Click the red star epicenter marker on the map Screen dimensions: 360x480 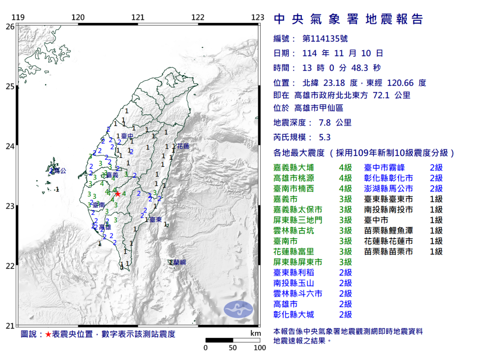(x=118, y=194)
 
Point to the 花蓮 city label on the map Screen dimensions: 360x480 (x=183, y=146)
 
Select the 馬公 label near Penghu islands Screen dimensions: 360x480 (x=60, y=172)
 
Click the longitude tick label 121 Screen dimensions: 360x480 (x=138, y=18)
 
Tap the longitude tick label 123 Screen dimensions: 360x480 (x=258, y=18)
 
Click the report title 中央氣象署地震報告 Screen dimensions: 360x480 (x=348, y=19)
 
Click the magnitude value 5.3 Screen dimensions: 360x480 (x=324, y=137)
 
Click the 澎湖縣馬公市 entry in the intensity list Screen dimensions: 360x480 (x=389, y=188)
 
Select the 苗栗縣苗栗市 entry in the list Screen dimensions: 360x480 (x=389, y=252)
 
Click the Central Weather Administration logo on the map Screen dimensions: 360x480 (x=238, y=308)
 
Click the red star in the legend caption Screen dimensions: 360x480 (x=48, y=334)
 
